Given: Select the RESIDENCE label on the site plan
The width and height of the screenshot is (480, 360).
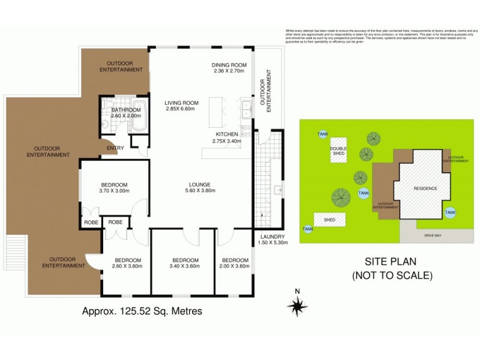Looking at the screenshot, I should (x=425, y=189).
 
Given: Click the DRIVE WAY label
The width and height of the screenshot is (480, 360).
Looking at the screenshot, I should (x=433, y=236).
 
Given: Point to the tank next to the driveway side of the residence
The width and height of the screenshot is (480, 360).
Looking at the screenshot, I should (x=450, y=212).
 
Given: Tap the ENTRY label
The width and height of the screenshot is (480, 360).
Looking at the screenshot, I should (x=115, y=148).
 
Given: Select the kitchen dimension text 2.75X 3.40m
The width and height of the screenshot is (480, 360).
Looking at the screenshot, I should (x=227, y=142).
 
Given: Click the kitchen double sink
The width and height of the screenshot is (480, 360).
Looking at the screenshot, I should (x=246, y=110).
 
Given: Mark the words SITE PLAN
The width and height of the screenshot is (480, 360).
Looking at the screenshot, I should (x=391, y=262).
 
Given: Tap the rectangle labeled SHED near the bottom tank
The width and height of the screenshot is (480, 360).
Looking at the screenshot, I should (x=329, y=220).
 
